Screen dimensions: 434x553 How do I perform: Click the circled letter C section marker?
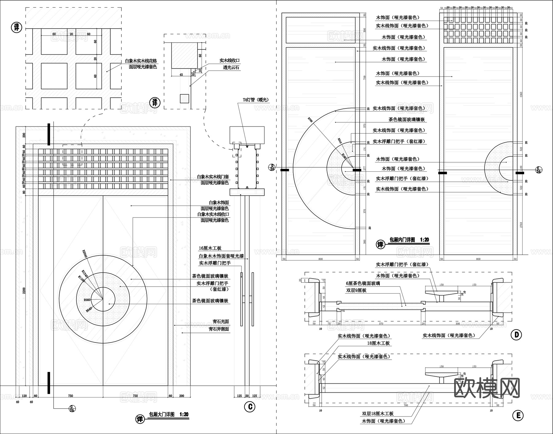pos(250,407)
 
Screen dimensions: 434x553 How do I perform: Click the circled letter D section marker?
pos(516,334)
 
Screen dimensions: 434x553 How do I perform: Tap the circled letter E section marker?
pos(518,416)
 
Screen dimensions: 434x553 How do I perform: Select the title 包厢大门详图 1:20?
pos(168,414)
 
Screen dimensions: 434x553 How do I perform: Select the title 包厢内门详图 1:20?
pos(409,240)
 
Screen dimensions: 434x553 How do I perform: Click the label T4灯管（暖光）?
pos(256,100)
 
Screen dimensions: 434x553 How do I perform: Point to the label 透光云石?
pos(231,68)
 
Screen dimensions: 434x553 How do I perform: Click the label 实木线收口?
pos(229,61)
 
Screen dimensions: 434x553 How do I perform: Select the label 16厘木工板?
pos(210,248)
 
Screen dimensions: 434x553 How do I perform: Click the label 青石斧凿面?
pos(218,329)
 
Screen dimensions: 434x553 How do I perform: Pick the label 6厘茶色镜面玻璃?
pos(363,283)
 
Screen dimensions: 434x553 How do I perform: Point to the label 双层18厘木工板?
pos(378,414)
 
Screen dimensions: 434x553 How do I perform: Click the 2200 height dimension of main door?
pos(24,290)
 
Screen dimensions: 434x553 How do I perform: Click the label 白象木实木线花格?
pos(141,61)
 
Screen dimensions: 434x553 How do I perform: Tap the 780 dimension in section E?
pos(406,405)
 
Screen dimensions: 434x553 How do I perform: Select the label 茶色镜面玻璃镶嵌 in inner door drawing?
pos(406,119)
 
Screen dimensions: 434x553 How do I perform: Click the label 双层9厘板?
pos(356,290)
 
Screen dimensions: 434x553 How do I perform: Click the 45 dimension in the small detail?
pos(181,75)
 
